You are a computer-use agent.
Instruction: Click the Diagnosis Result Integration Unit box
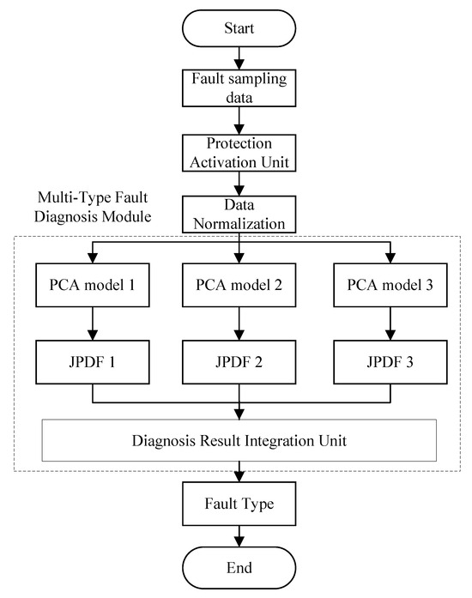tap(239, 442)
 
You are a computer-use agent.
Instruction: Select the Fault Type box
tap(239, 504)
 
